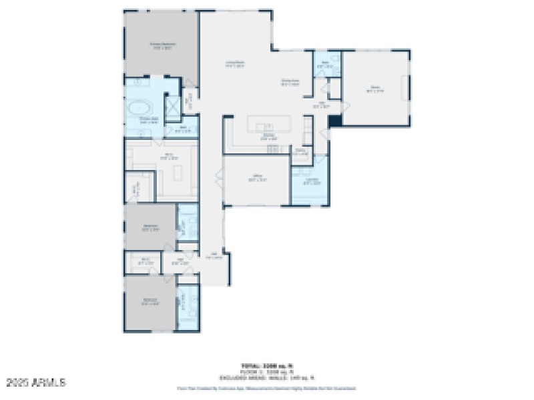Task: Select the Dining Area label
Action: coord(289,83)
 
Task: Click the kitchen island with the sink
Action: coord(270,125)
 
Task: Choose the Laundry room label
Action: coord(311,181)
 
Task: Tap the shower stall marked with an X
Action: coord(172,107)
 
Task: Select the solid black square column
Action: coord(335,121)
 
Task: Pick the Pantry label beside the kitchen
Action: coord(300,152)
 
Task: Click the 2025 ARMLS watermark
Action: coord(37,383)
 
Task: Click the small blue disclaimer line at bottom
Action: coord(266,387)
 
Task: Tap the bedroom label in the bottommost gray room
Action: coord(151,301)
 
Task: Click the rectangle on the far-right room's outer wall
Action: coord(403,88)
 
